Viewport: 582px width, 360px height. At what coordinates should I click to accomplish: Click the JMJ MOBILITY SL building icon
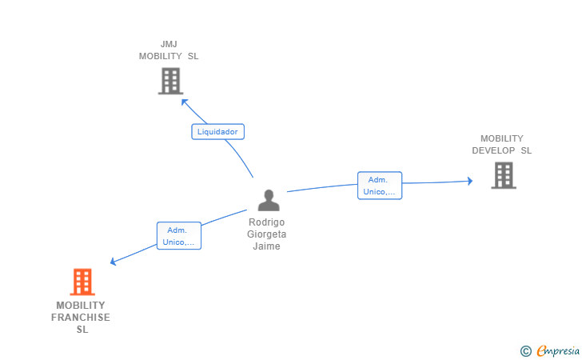click(170, 81)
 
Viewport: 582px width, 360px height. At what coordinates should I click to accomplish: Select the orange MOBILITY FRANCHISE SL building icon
click(82, 282)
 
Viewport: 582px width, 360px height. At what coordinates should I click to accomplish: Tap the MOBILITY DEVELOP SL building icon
click(503, 175)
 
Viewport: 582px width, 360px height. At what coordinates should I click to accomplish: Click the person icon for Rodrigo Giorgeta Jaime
click(269, 200)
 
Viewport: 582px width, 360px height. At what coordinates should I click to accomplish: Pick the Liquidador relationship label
click(217, 132)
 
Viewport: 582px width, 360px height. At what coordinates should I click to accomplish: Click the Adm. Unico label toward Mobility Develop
click(380, 186)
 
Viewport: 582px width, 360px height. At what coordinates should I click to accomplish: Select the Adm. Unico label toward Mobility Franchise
click(178, 236)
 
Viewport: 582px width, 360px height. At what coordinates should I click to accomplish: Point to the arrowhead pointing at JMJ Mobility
click(185, 102)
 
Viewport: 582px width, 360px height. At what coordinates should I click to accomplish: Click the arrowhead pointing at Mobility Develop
click(470, 181)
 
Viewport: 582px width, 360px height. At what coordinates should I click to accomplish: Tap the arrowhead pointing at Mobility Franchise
click(114, 262)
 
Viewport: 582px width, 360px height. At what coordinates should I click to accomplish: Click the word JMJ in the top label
click(169, 44)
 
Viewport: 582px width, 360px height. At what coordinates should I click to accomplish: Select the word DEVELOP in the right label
click(493, 150)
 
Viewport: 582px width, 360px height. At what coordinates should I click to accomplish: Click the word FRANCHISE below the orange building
click(81, 318)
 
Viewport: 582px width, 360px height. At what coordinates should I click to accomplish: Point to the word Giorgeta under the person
click(267, 234)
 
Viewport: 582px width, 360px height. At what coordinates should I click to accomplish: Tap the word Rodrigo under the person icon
click(267, 222)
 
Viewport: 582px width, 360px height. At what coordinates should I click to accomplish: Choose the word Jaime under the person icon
click(267, 246)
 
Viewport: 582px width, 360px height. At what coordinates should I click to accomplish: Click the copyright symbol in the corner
click(525, 350)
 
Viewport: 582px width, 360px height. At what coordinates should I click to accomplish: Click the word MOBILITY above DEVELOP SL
click(502, 138)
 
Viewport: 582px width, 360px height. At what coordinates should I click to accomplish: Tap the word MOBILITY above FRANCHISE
click(81, 306)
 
